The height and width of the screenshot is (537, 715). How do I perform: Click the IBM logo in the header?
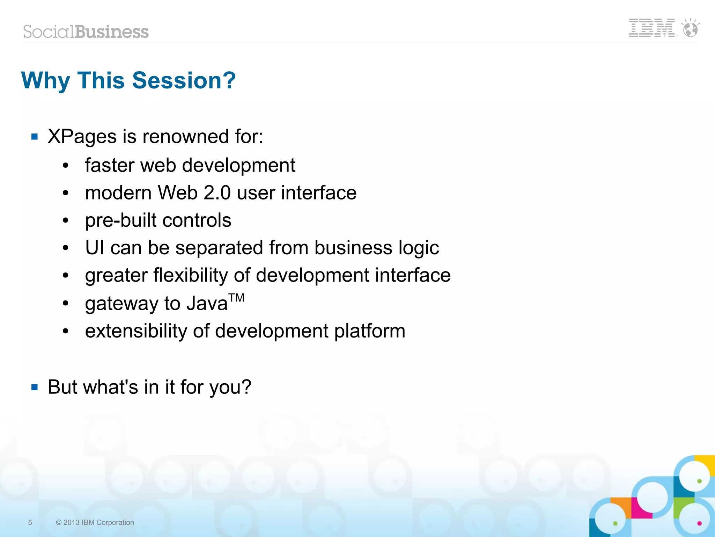651,28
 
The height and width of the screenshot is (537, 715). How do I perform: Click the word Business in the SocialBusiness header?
112,32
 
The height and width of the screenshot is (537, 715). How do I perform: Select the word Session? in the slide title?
184,80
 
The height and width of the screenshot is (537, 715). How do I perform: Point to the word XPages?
82,137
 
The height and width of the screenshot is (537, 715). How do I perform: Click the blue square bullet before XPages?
35,137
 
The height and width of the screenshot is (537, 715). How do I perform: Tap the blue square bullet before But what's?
35,387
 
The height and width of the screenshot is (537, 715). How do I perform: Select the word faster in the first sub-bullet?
109,165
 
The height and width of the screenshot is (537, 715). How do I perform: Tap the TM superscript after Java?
237,298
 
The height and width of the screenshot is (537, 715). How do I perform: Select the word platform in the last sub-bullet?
370,331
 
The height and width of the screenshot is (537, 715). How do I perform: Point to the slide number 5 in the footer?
30,522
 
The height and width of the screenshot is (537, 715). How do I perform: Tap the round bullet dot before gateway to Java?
66,304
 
